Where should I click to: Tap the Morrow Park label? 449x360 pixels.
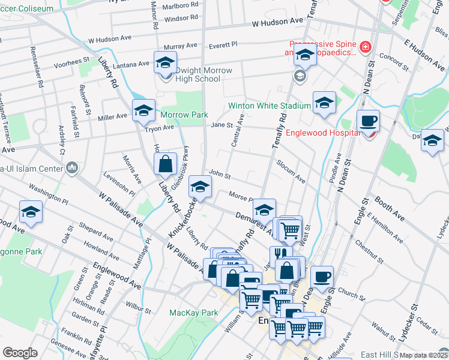(183, 115)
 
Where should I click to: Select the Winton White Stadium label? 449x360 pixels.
(270, 106)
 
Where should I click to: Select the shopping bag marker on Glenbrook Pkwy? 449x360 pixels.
(165, 163)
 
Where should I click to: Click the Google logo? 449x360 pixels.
(20, 353)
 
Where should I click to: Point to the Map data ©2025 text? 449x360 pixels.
(424, 355)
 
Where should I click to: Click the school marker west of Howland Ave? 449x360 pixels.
(31, 212)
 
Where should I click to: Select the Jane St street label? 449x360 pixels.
(221, 125)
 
